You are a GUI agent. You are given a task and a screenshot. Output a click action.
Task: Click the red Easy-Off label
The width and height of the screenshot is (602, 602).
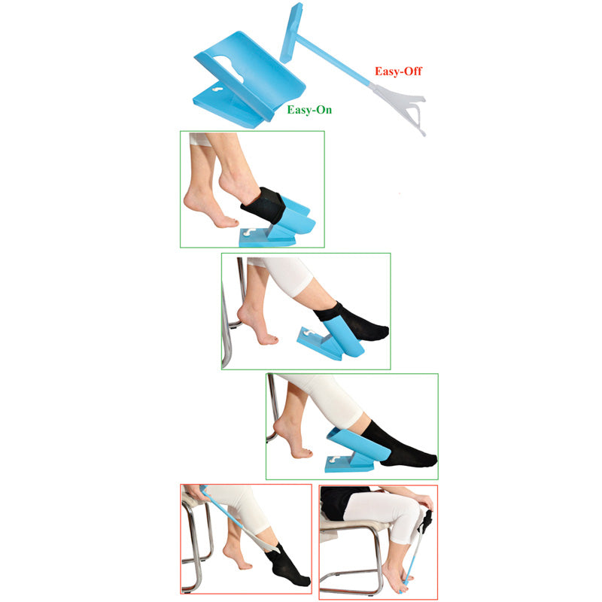(398, 71)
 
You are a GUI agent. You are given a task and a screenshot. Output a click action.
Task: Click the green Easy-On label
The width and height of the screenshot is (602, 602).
(309, 110)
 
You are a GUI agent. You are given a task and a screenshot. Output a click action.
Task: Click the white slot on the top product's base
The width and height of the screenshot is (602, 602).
(217, 90)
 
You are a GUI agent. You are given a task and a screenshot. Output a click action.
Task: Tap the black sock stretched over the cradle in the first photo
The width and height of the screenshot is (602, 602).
(263, 205)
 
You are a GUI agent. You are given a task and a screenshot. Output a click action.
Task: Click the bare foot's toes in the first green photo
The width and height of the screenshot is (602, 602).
(230, 222)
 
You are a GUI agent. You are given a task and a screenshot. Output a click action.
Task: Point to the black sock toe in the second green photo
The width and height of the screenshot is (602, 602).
(379, 332)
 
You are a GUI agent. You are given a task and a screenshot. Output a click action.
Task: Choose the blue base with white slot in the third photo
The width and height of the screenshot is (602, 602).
(348, 463)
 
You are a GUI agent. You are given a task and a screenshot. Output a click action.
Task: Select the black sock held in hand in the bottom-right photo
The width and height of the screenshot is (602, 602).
(426, 520)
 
